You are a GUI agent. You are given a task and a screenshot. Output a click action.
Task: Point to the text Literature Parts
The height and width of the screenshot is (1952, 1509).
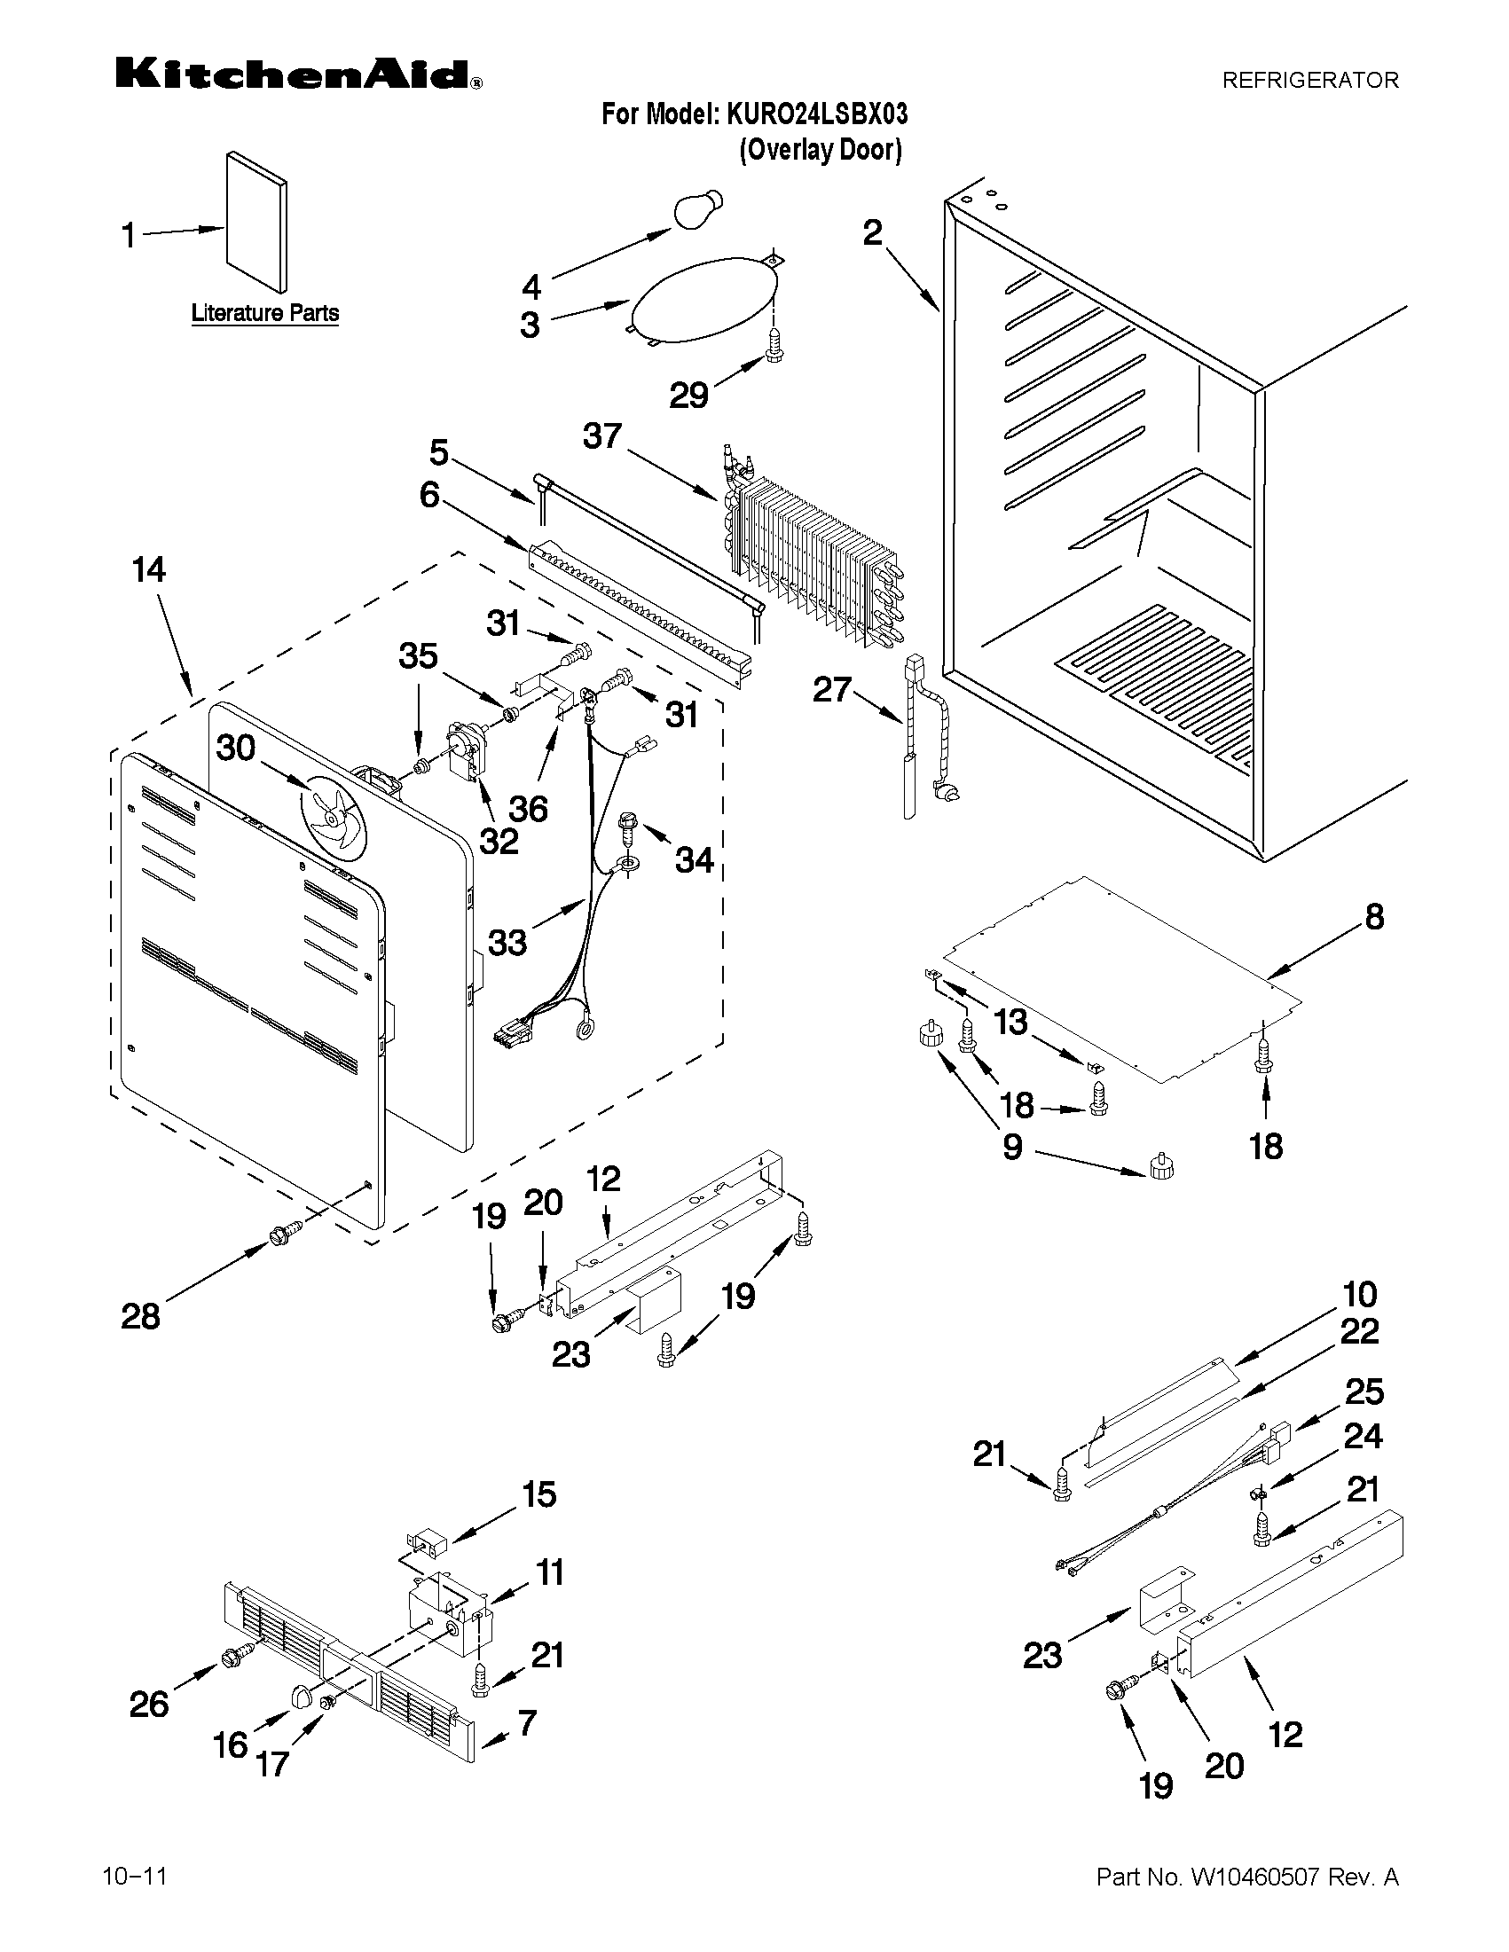click(x=264, y=313)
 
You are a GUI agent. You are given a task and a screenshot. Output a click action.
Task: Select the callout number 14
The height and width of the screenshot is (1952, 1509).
click(x=148, y=569)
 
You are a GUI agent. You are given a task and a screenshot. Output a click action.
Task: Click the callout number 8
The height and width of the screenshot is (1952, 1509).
click(x=1374, y=916)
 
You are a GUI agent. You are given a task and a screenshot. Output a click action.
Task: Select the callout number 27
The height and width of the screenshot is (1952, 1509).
click(x=830, y=689)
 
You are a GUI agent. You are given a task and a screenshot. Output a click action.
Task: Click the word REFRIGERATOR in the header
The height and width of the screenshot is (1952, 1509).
click(x=1309, y=81)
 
